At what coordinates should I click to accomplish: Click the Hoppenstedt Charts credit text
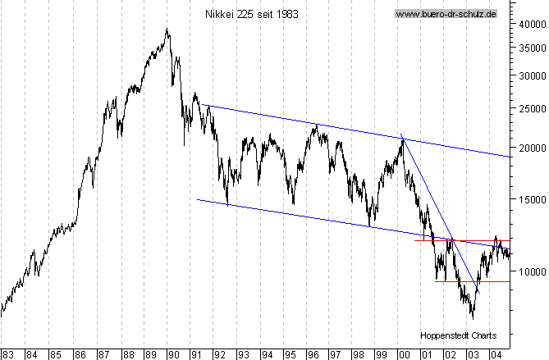tap(454, 335)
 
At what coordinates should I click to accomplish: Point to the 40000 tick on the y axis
tap(530, 24)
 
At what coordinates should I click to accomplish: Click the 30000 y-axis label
tap(530, 75)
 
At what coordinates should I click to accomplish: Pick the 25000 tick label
tap(530, 107)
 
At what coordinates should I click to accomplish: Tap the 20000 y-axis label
tap(530, 148)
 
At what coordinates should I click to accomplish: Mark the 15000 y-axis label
tap(530, 198)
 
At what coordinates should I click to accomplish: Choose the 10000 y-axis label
tap(530, 271)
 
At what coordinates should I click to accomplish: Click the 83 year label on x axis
tap(7, 354)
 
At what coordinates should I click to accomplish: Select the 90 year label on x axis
tap(173, 354)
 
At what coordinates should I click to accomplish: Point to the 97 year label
tap(336, 354)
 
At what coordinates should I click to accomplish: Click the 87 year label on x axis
tap(104, 354)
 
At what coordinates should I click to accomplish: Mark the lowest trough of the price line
tap(472, 317)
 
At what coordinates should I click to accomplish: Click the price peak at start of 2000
tap(402, 139)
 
